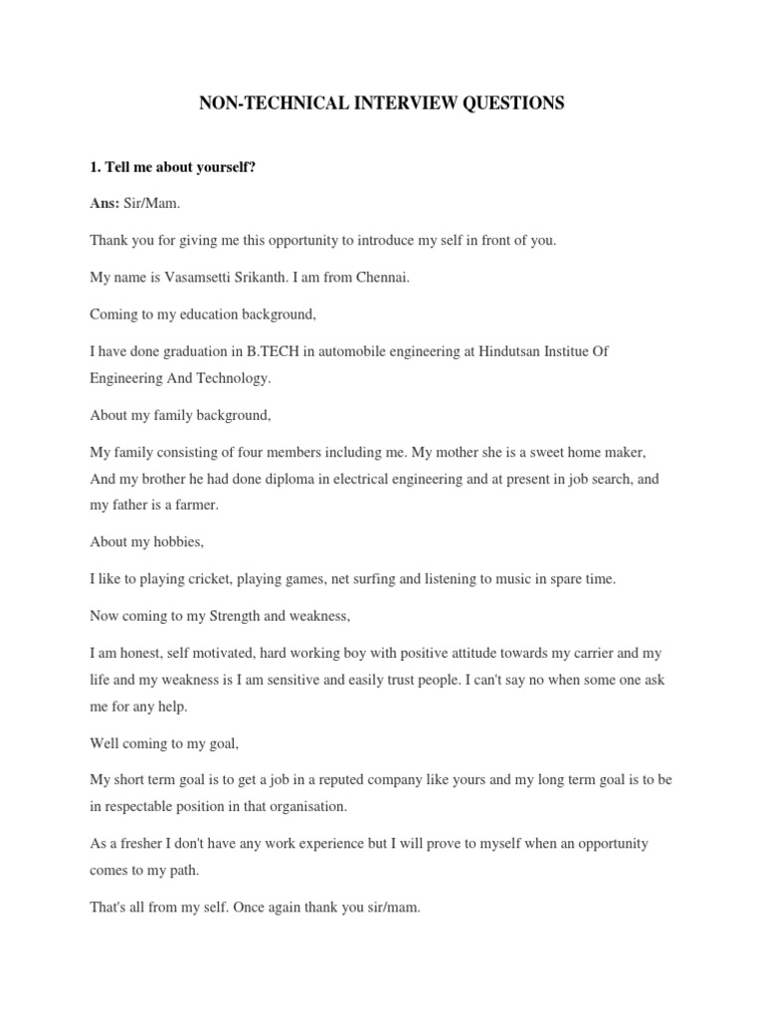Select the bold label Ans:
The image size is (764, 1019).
[x=104, y=203]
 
